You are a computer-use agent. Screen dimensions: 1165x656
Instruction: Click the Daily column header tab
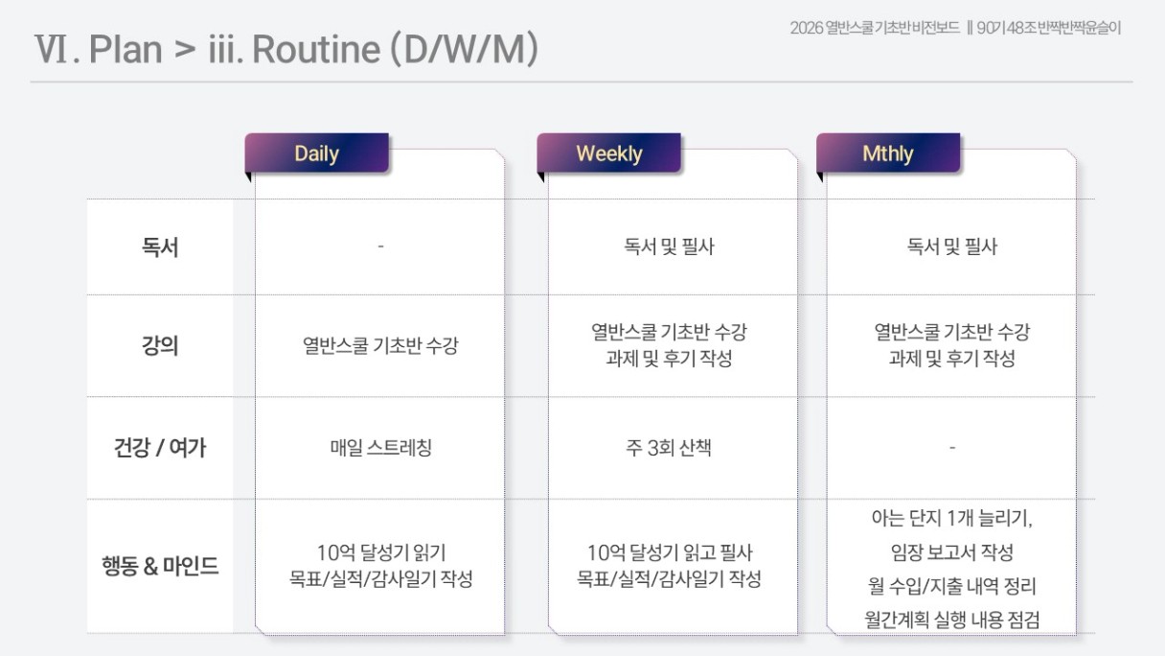[x=317, y=153]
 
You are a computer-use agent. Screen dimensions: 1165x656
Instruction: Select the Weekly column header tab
[x=609, y=153]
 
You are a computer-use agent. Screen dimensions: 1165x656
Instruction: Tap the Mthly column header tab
[x=888, y=153]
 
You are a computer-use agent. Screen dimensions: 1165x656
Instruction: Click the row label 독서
[x=160, y=246]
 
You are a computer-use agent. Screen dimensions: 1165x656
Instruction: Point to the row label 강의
[x=160, y=345]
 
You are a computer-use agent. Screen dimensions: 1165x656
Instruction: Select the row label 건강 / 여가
[x=160, y=447]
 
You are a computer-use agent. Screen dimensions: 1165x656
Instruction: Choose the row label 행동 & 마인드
[x=160, y=566]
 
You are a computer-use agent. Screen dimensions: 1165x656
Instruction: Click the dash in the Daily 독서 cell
[x=380, y=246]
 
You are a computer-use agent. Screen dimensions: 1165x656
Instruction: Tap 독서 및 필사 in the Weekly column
[x=670, y=246]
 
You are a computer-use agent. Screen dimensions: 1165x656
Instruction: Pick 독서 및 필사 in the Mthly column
[x=952, y=246]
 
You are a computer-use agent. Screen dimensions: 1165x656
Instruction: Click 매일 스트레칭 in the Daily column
[x=381, y=448]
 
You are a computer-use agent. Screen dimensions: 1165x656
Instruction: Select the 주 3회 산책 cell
[x=669, y=448]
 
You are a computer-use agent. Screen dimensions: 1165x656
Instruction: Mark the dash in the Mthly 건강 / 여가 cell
[x=952, y=447]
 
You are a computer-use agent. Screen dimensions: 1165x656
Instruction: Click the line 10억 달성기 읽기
[x=381, y=553]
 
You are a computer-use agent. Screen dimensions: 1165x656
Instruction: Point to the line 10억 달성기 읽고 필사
[x=670, y=553]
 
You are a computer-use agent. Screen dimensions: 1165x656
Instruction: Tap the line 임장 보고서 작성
[x=952, y=552]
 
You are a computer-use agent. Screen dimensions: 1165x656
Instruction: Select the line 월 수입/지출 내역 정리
[x=952, y=586]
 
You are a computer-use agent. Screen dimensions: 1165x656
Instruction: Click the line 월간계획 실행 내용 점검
[x=952, y=620]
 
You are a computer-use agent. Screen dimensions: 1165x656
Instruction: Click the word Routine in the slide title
[x=316, y=50]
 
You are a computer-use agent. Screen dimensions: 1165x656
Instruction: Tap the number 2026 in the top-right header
[x=807, y=28]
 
